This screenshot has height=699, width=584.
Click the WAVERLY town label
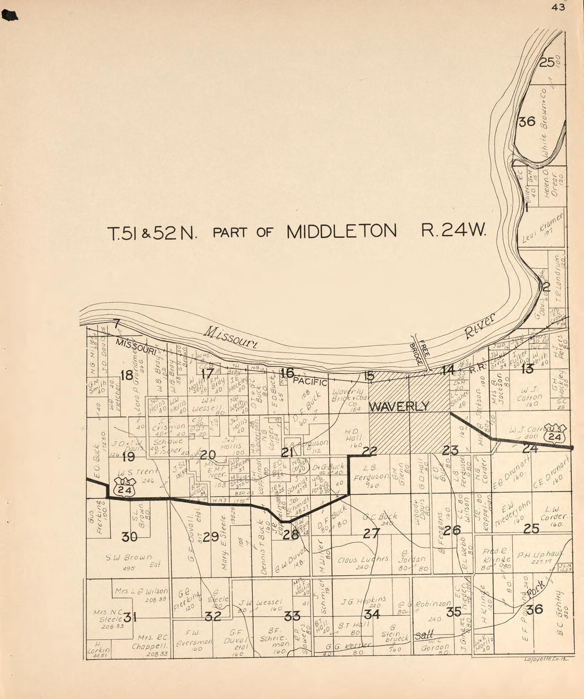pos(398,407)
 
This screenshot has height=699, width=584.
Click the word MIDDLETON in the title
pos(341,231)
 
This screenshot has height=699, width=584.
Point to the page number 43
pos(558,7)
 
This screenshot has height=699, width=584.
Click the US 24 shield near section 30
pos(124,486)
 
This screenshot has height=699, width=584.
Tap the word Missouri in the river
pos(231,338)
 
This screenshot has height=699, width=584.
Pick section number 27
pos(371,533)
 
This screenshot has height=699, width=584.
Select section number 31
pos(131,617)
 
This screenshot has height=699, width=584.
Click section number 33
pos(292,616)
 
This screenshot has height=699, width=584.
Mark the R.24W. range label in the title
pos(453,231)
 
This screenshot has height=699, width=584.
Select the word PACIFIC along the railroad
pos(311,381)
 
